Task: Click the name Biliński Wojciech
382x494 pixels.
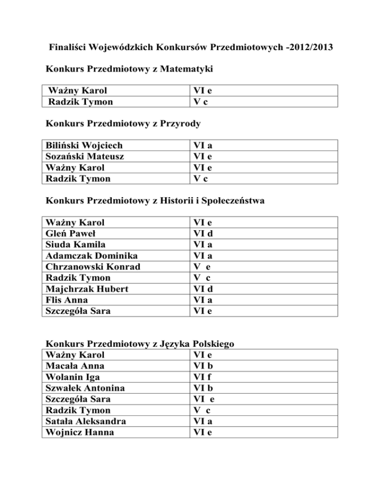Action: pyautogui.click(x=84, y=146)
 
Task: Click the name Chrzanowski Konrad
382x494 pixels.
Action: pyautogui.click(x=93, y=266)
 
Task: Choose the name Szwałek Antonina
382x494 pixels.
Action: pyautogui.click(x=85, y=388)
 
